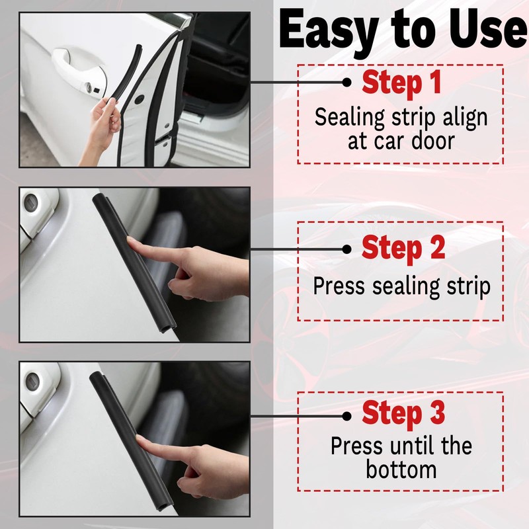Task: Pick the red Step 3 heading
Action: tap(403, 414)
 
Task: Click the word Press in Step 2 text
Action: tap(339, 286)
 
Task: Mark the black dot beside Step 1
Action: tap(346, 82)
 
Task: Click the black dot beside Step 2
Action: tap(346, 249)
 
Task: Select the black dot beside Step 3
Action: tap(346, 416)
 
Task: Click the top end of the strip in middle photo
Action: tap(99, 198)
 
